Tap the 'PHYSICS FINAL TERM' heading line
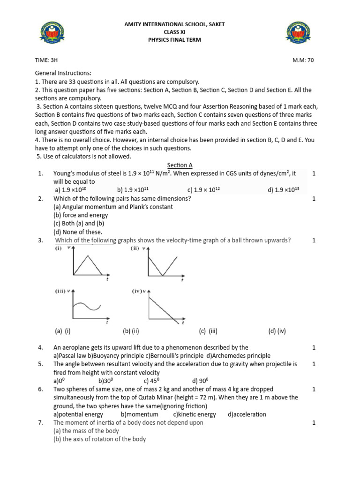pyautogui.click(x=174, y=40)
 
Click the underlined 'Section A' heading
pyautogui.click(x=180, y=165)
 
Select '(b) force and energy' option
pyautogui.click(x=81, y=215)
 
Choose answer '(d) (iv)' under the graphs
pyautogui.click(x=277, y=331)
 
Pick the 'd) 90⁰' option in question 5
pyautogui.click(x=200, y=381)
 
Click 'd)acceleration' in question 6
pyautogui.click(x=247, y=414)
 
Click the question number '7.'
pyautogui.click(x=41, y=422)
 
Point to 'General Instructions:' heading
pyautogui.click(x=63, y=73)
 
